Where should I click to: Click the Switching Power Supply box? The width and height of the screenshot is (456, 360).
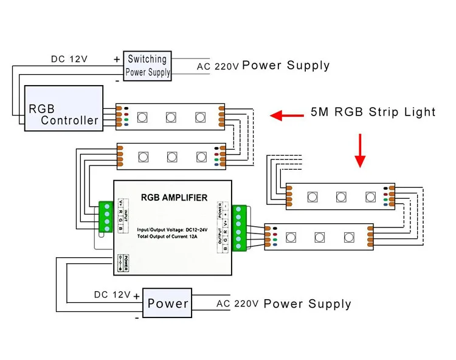147,66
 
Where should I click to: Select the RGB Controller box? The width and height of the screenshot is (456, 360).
63,108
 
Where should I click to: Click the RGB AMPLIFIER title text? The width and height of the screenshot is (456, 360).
174,198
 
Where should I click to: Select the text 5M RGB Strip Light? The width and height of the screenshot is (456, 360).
373,112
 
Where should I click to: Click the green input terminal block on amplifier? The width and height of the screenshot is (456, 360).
107,217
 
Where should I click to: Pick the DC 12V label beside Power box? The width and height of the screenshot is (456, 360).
112,295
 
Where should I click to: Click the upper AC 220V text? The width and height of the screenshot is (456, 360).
218,66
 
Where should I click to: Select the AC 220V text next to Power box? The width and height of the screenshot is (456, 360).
238,303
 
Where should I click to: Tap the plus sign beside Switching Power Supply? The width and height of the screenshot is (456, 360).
117,59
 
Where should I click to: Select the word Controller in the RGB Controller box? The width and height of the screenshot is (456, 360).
69,120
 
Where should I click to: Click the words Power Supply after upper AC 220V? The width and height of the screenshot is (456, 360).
286,66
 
